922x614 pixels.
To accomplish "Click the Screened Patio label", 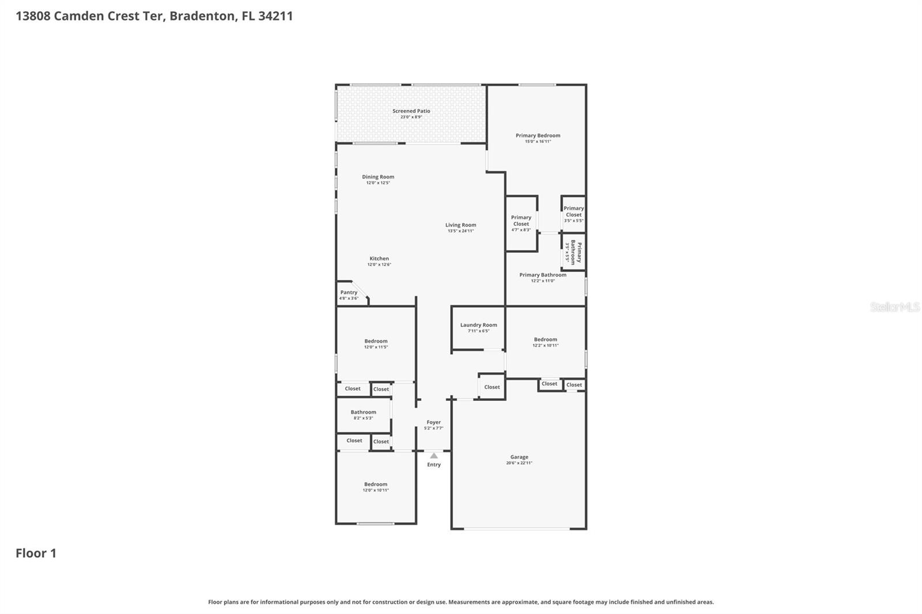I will pos(411,111).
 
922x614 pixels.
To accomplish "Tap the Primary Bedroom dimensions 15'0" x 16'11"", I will pos(538,142).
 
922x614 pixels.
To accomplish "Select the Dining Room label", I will pos(378,177).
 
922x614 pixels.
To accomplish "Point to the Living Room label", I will pos(460,225).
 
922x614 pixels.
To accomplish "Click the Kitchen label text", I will pos(379,259).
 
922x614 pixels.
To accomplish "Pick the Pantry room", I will pos(349,294).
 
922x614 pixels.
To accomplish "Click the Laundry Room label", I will pos(478,325).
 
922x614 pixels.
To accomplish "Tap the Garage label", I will pos(519,457).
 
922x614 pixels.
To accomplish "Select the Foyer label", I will pos(433,422).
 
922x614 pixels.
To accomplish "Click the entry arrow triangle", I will pos(434,456).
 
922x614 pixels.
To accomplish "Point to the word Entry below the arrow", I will pos(434,465).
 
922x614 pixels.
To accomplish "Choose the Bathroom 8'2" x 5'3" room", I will pos(363,414).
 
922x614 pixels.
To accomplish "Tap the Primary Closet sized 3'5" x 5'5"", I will pos(573,214).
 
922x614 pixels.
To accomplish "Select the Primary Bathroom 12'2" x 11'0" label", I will pos(542,275).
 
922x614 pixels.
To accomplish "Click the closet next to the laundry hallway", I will pos(492,387).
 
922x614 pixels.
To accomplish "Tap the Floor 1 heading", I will pos(36,554).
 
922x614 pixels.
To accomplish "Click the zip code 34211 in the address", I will pos(275,16).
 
